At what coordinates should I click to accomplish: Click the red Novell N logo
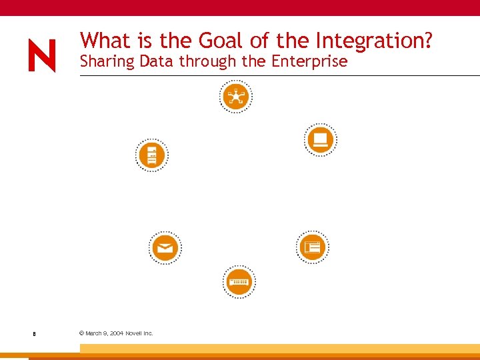(42, 56)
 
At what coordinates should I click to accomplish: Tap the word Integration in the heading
(368, 42)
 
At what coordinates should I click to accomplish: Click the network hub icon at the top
(235, 97)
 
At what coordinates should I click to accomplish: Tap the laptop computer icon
(321, 139)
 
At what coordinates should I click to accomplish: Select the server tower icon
(151, 155)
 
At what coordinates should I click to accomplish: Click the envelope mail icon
(165, 248)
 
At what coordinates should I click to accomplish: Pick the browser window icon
(312, 247)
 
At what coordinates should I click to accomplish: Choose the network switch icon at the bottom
(238, 282)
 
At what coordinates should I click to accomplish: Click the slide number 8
(33, 333)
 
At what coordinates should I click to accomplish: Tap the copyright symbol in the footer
(81, 333)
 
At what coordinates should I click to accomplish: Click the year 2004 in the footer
(116, 333)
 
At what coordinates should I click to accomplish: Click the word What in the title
(107, 41)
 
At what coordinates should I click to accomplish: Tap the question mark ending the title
(427, 41)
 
